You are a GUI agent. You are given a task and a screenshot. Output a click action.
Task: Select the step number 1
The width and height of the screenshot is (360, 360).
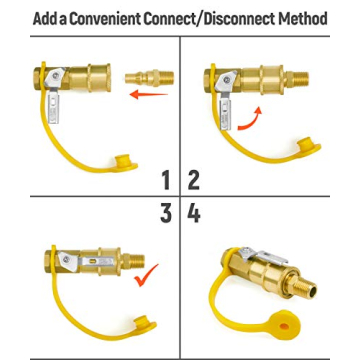166,181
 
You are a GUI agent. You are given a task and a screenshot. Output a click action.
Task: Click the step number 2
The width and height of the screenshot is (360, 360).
194,181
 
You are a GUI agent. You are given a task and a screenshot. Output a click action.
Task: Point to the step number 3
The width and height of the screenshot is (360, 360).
166,213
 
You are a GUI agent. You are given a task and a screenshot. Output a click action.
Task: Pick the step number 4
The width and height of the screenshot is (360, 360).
194,213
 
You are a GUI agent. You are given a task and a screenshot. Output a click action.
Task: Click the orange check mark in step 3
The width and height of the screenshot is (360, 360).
147,273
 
